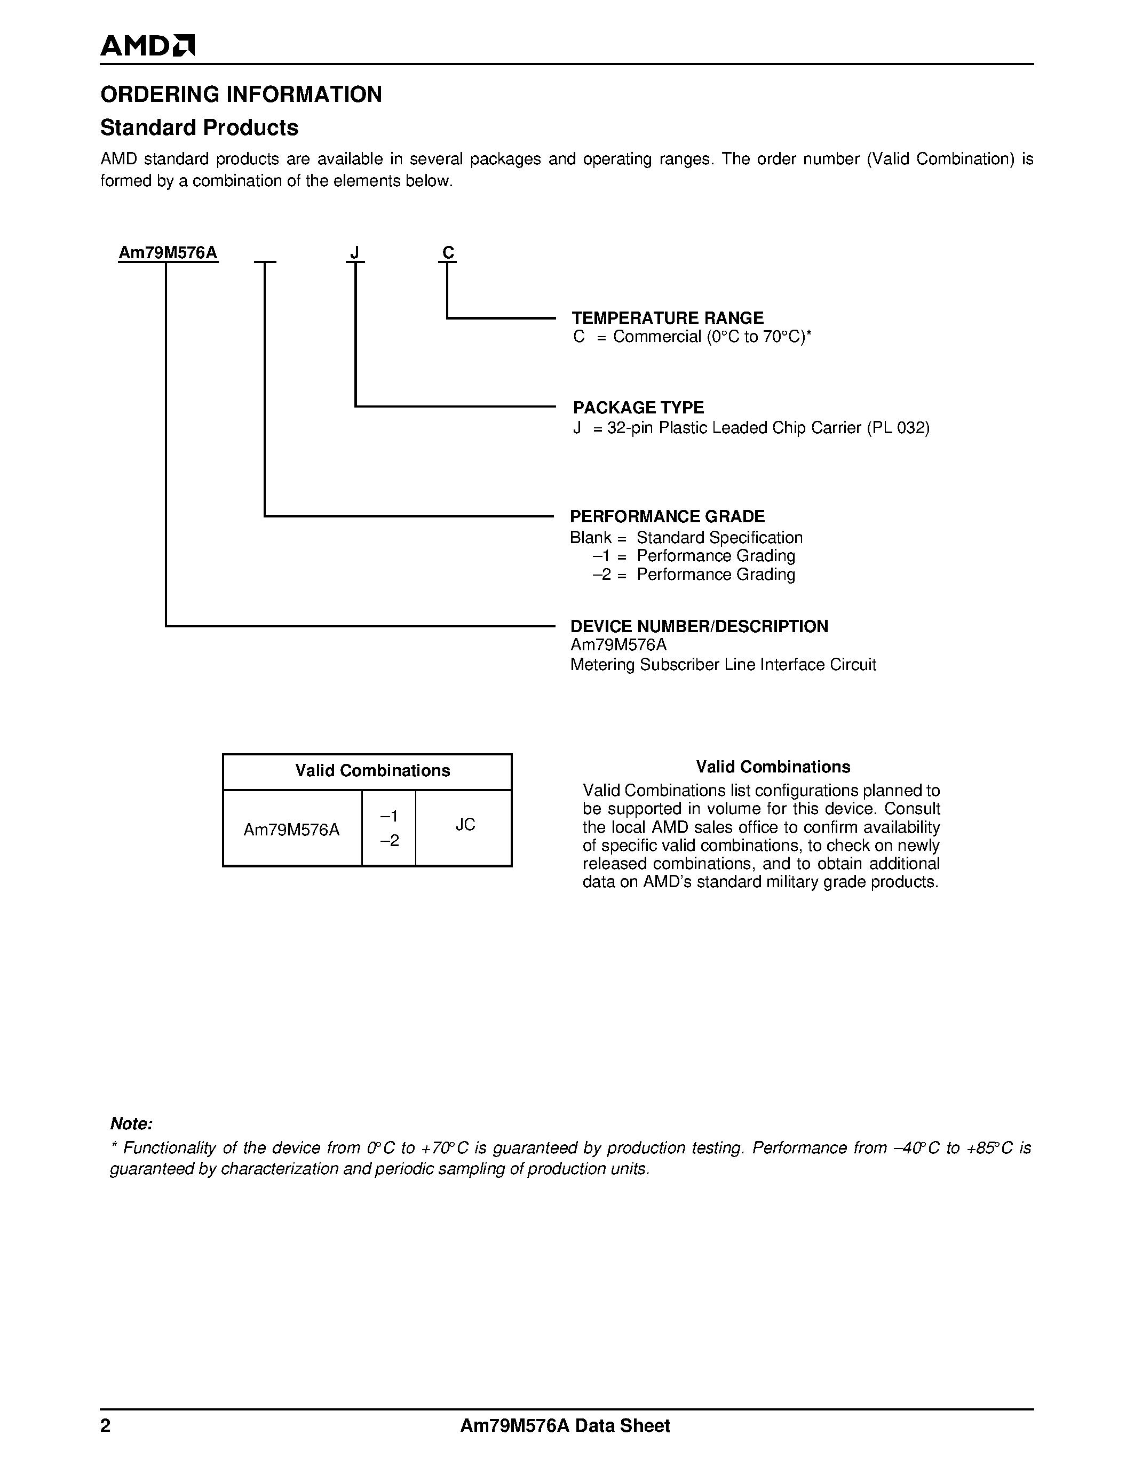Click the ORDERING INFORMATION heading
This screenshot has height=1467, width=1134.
[x=241, y=94]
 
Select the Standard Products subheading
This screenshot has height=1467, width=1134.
[x=199, y=127]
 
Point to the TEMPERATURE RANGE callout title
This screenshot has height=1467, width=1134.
[x=667, y=318]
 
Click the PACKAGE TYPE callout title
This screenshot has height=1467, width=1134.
[x=638, y=408]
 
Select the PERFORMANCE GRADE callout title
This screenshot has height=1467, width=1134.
[x=667, y=516]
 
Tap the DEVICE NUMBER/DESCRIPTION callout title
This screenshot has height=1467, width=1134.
[x=699, y=626]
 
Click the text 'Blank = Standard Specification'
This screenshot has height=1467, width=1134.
[x=686, y=537]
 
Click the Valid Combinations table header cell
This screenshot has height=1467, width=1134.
[x=372, y=770]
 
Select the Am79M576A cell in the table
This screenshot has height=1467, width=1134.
[x=291, y=830]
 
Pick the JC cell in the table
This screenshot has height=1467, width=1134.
[x=465, y=824]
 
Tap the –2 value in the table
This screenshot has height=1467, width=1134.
[x=390, y=840]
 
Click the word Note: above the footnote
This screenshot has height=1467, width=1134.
[x=132, y=1124]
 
